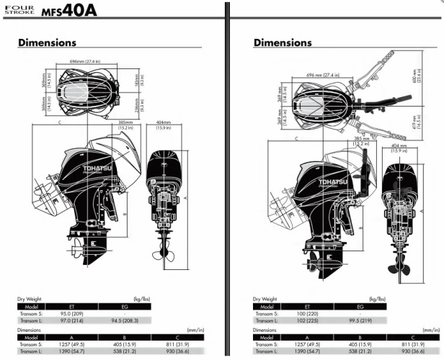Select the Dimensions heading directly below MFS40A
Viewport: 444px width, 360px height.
click(47, 43)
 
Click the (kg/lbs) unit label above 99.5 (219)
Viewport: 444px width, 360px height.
click(432, 298)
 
